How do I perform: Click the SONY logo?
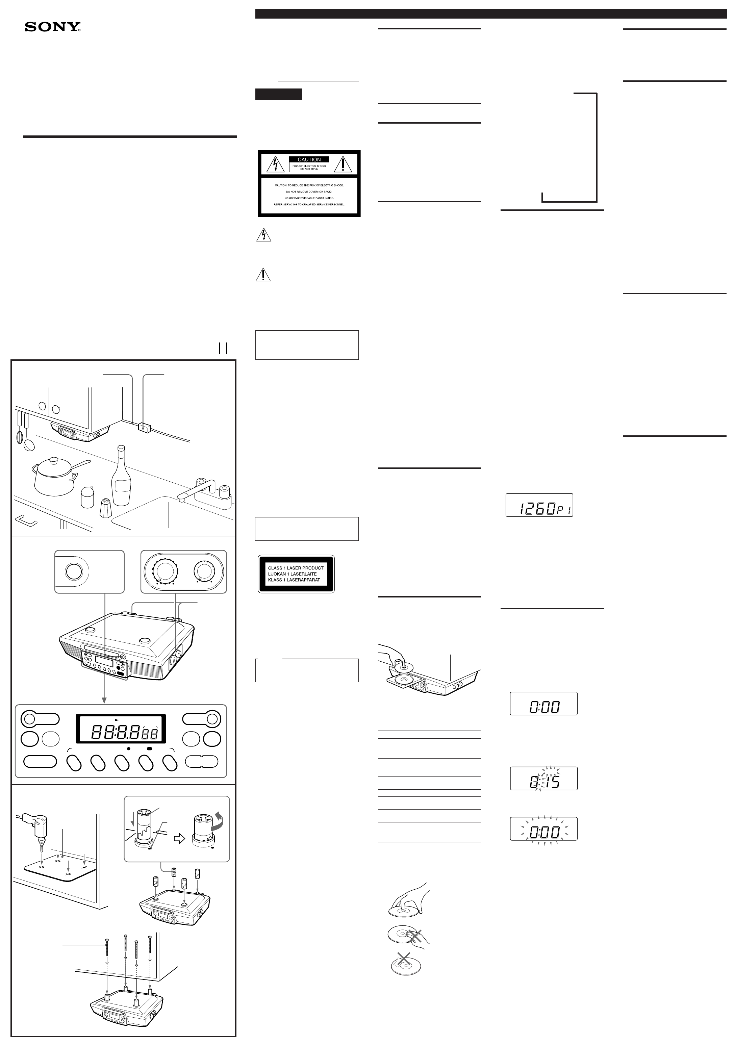click(x=53, y=27)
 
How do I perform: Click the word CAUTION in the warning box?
click(x=309, y=159)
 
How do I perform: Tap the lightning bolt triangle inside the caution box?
click(x=275, y=164)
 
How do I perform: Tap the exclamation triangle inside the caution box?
click(x=343, y=164)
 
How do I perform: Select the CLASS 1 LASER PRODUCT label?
click(x=296, y=574)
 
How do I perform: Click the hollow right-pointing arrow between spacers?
click(x=180, y=838)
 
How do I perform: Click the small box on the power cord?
click(x=144, y=427)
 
